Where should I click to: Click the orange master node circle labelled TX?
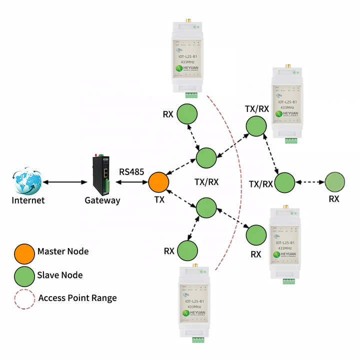(158, 182)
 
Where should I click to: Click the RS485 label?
(131, 172)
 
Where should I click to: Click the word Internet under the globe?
(28, 200)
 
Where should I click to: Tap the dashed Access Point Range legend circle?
(23, 298)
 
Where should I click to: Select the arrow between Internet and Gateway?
(63, 182)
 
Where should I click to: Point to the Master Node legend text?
(63, 251)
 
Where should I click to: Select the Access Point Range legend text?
(77, 298)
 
